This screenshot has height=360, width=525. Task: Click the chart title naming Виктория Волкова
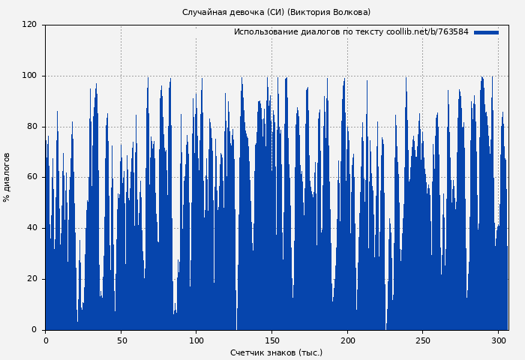[276, 12]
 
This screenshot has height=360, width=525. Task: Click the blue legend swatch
[486, 32]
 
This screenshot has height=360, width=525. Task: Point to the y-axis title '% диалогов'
[7, 177]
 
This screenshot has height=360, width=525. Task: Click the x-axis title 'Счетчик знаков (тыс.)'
[276, 352]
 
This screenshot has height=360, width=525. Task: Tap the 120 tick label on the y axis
[29, 25]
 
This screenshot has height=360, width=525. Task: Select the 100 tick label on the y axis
[29, 76]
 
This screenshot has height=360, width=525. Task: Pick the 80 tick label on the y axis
[31, 127]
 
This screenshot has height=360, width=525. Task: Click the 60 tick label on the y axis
[31, 177]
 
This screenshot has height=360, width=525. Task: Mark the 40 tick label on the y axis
[31, 228]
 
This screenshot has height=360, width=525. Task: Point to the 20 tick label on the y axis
[31, 279]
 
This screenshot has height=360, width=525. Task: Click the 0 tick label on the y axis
[34, 330]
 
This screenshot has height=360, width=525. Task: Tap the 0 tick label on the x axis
[46, 340]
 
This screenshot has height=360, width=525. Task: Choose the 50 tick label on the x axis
[121, 340]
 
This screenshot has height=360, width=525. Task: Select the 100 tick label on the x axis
[196, 340]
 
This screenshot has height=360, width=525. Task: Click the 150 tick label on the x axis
[271, 340]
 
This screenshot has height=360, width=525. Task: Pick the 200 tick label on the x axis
[347, 340]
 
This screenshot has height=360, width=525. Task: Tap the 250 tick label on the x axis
[422, 340]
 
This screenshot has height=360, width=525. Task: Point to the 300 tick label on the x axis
[498, 340]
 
